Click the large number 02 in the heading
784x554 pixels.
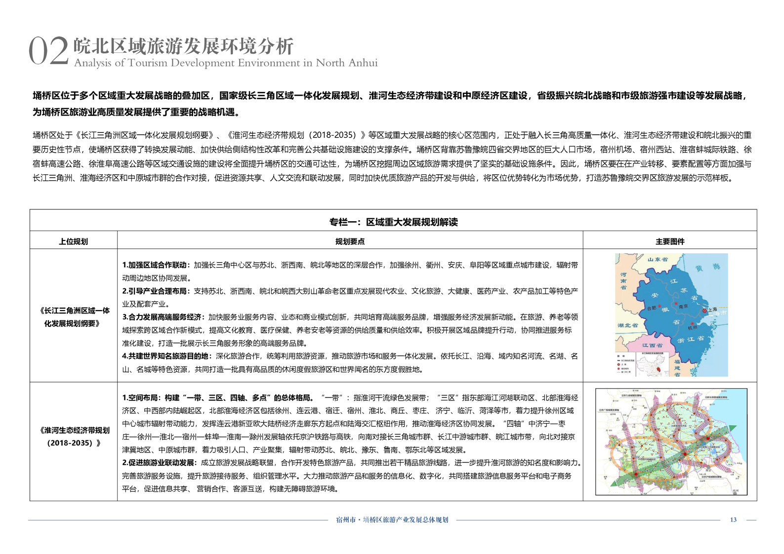coord(48,51)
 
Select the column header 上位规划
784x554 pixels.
coord(73,241)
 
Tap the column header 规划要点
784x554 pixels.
coord(350,241)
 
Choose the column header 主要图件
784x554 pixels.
coord(670,241)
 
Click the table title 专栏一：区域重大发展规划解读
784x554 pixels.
coord(393,222)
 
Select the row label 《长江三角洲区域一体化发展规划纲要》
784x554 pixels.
coord(74,317)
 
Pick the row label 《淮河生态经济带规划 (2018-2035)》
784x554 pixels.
coord(74,436)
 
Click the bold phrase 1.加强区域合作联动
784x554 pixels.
coord(155,265)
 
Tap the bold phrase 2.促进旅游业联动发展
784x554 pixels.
coord(158,463)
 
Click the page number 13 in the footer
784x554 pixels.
coord(733,519)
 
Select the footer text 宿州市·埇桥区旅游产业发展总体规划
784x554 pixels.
coord(392,519)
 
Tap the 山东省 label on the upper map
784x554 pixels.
coord(657,259)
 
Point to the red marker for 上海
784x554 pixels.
coord(704,311)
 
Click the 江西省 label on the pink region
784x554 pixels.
coord(652,345)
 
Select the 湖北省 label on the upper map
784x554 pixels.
coord(627,325)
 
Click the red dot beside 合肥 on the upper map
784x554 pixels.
coord(660,306)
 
